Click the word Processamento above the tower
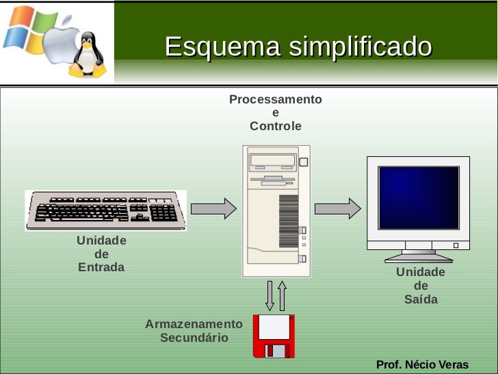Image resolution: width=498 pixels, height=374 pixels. (275, 100)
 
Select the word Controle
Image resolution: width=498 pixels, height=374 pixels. (275, 127)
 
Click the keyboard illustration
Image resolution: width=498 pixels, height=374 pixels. (105, 210)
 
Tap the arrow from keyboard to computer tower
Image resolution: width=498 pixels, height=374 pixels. (213, 208)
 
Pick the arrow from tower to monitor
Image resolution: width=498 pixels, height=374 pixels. (337, 208)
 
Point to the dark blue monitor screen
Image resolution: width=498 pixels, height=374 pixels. (419, 197)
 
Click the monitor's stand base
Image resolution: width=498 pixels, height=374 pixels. (418, 258)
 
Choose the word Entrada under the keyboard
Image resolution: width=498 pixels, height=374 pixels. (101, 267)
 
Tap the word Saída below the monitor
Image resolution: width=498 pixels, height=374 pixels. (421, 299)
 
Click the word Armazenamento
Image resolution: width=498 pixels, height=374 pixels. (194, 324)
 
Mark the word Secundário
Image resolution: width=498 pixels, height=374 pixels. (194, 338)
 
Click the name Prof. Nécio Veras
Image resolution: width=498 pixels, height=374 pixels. (422, 364)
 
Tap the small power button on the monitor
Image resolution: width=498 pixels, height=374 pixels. (456, 245)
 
